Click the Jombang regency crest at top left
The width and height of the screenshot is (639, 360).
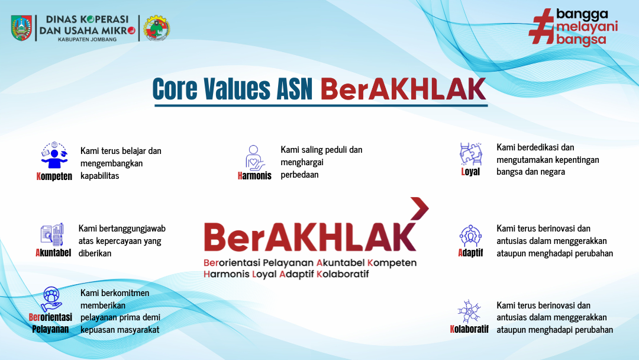pyautogui.click(x=22, y=28)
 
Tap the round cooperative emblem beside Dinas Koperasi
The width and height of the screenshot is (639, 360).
pyautogui.click(x=156, y=28)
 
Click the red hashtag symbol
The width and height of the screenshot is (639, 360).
pyautogui.click(x=541, y=27)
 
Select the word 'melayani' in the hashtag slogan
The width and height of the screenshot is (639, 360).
pyautogui.click(x=587, y=27)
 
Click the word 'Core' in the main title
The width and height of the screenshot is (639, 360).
pyautogui.click(x=175, y=89)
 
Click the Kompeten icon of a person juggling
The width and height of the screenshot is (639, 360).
pyautogui.click(x=54, y=155)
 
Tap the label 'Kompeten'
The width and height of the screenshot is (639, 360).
pyautogui.click(x=54, y=176)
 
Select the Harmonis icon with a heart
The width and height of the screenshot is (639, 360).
pyautogui.click(x=254, y=157)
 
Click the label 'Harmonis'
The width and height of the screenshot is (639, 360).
pyautogui.click(x=254, y=176)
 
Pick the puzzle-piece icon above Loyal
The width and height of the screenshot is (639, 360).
pyautogui.click(x=471, y=154)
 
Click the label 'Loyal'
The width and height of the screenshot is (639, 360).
pyautogui.click(x=470, y=172)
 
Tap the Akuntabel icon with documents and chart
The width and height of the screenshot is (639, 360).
pyautogui.click(x=52, y=234)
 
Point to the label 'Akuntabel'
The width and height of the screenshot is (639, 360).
pyautogui.click(x=53, y=253)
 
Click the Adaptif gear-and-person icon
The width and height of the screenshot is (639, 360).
pyautogui.click(x=471, y=236)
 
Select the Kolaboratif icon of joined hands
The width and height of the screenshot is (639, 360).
pyautogui.click(x=469, y=312)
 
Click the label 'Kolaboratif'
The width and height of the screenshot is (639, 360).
pyautogui.click(x=469, y=329)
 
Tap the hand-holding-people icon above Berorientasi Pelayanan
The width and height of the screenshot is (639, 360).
pyautogui.click(x=51, y=299)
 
